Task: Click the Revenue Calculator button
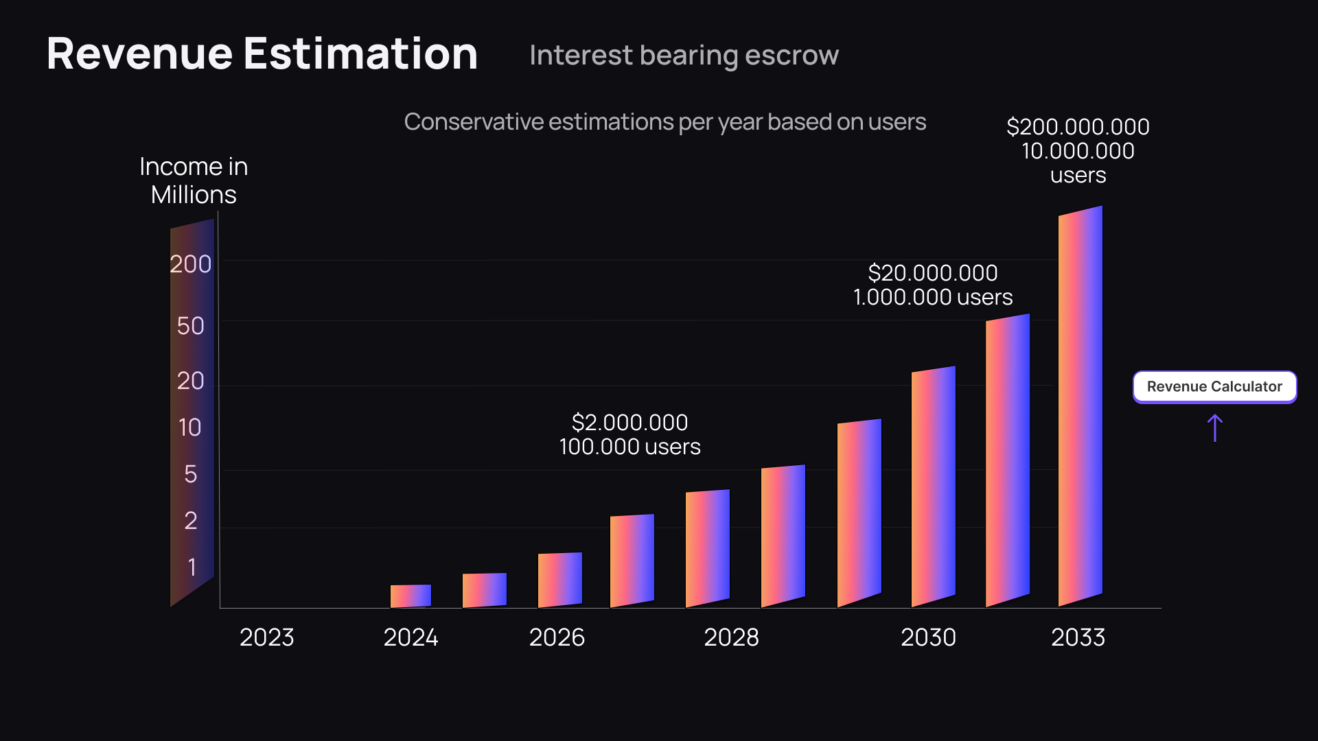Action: point(1214,387)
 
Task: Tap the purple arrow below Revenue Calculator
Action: point(1214,427)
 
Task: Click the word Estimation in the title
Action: point(360,54)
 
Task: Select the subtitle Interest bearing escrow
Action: point(684,55)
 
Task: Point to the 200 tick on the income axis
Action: point(190,264)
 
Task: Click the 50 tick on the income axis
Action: point(190,326)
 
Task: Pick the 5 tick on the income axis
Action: point(190,474)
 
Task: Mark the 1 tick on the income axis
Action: point(192,567)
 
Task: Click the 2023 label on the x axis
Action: point(266,637)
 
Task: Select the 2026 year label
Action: point(557,637)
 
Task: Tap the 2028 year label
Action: point(731,637)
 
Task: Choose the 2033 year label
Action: point(1078,637)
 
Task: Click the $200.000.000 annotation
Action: point(1078,127)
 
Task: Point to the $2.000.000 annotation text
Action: point(629,423)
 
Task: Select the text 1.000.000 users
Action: point(932,297)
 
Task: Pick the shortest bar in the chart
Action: point(411,596)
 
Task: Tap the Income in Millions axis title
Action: point(194,180)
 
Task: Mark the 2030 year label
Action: point(928,637)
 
